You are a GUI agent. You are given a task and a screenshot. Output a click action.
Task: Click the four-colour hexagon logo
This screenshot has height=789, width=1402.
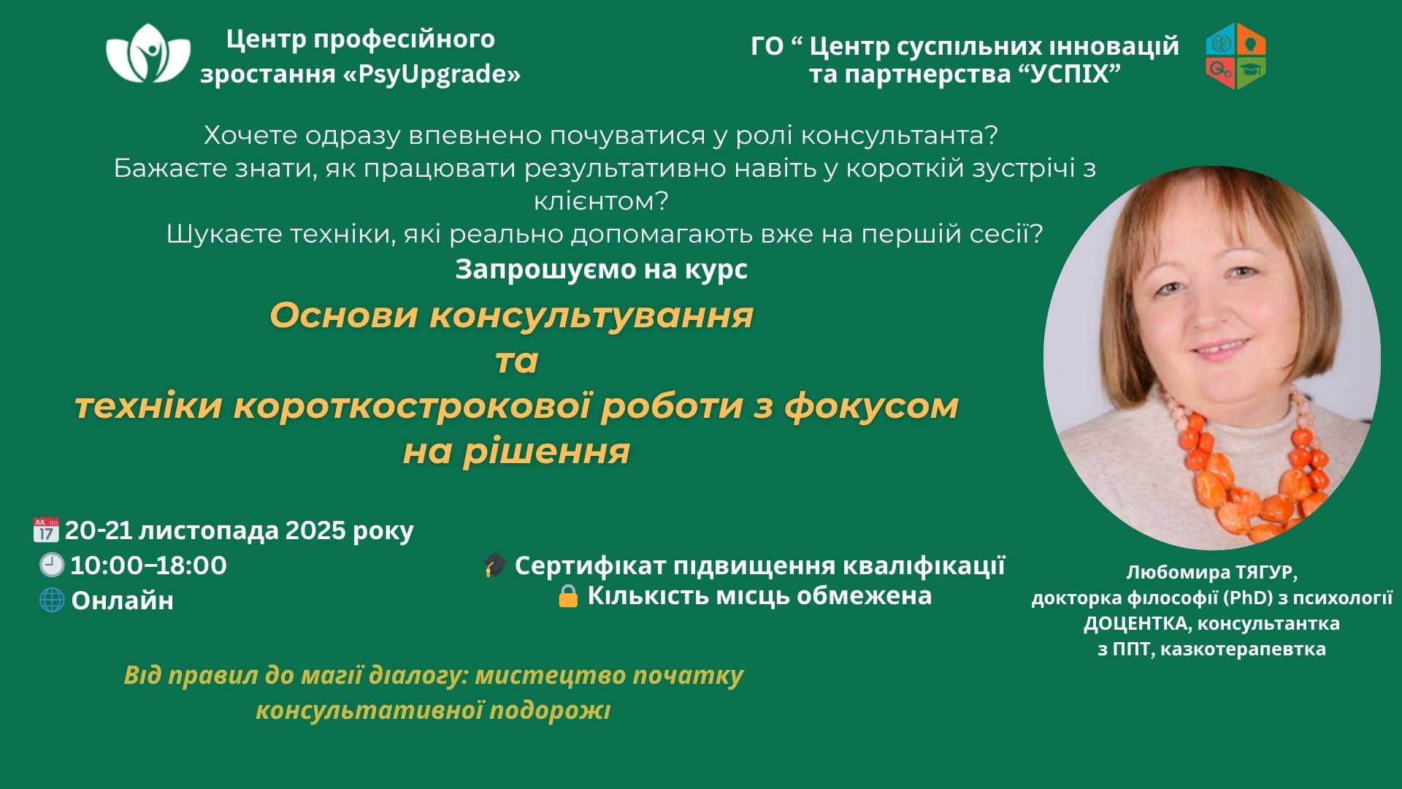click(1236, 56)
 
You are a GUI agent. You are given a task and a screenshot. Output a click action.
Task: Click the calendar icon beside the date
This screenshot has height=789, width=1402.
click(46, 530)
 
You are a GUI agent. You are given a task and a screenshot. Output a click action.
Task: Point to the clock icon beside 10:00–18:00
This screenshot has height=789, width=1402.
click(52, 565)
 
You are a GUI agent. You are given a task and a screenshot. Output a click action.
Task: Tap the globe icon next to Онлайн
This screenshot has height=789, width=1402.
click(52, 600)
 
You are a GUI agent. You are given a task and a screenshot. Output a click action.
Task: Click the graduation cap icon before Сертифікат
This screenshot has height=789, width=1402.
click(495, 565)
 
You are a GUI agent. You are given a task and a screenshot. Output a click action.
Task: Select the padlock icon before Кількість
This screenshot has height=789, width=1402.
click(567, 595)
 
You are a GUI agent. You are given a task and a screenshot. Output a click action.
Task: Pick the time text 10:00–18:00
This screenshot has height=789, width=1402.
click(148, 565)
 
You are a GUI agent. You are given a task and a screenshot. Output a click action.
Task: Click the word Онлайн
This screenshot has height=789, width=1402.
click(123, 601)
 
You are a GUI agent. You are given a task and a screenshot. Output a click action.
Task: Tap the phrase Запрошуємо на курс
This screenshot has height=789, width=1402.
click(602, 270)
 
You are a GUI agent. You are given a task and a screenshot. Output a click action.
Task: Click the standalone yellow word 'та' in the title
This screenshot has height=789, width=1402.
click(516, 361)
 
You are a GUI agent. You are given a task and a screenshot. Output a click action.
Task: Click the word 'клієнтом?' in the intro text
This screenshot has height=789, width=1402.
click(602, 201)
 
